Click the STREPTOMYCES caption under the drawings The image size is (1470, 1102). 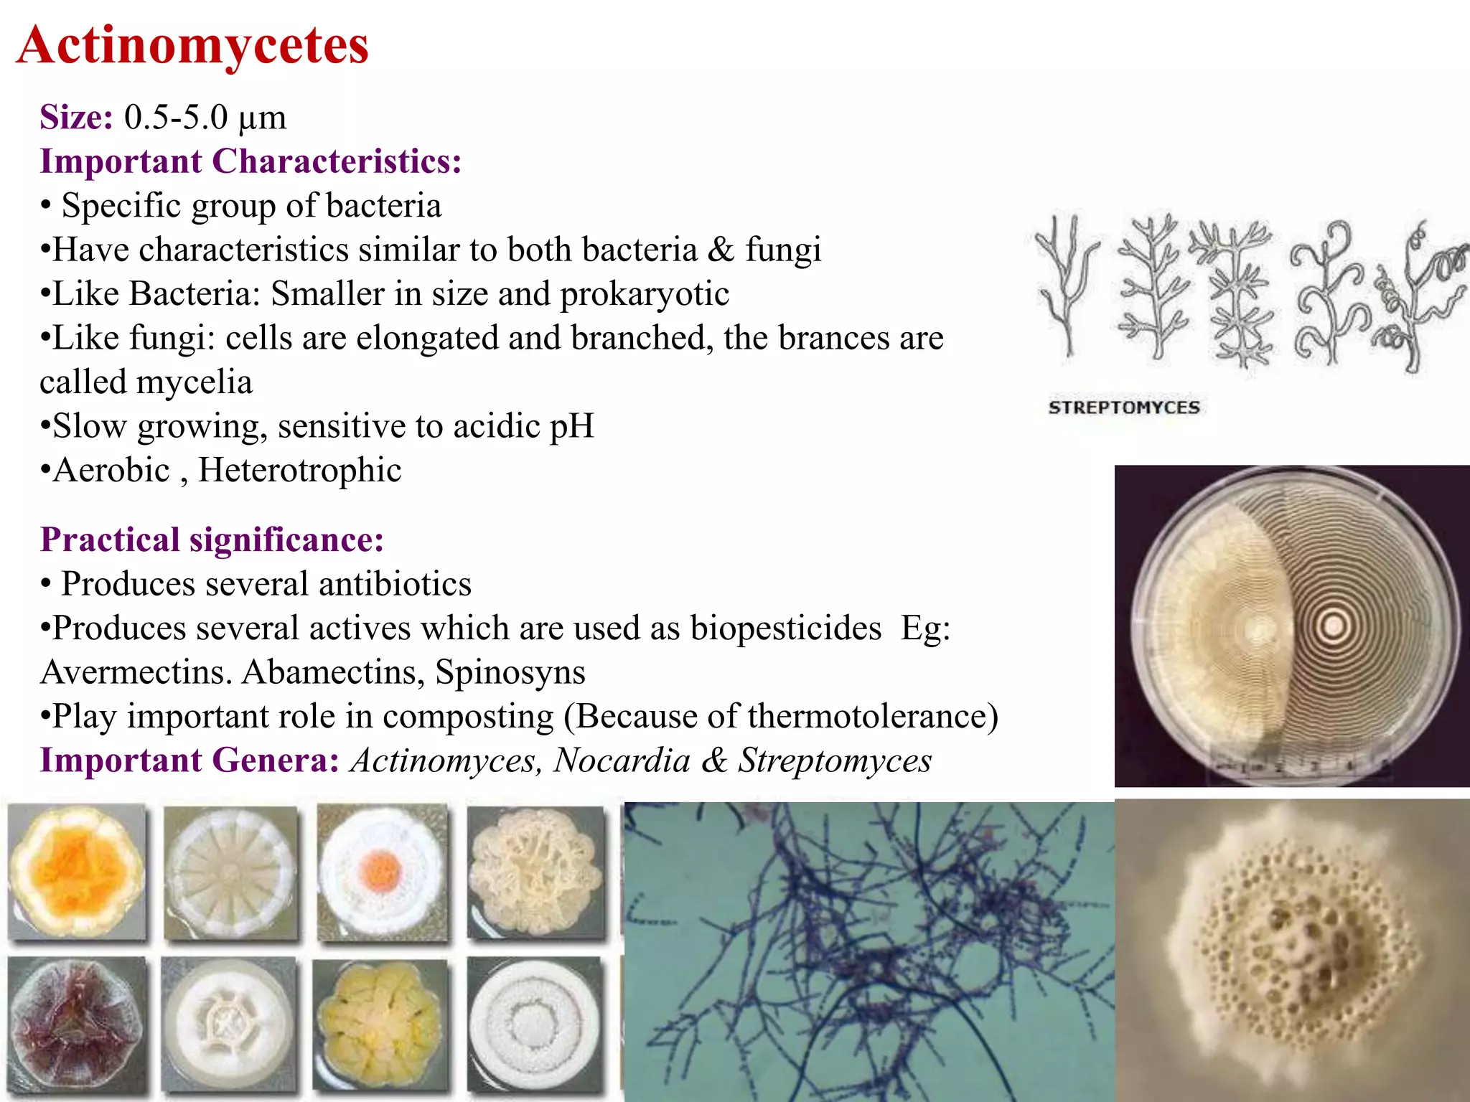tap(1124, 408)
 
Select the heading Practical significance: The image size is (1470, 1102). tap(212, 540)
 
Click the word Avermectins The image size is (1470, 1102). tap(136, 672)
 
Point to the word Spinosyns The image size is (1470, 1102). tap(510, 672)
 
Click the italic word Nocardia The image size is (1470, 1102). tap(622, 760)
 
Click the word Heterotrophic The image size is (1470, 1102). tap(300, 471)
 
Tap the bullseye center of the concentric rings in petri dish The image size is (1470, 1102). tap(1333, 626)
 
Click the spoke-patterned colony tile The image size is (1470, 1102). tap(230, 872)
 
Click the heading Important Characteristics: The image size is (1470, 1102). tap(251, 161)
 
